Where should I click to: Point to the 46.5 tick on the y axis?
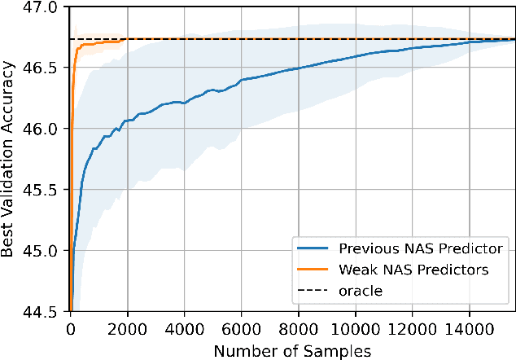pyautogui.click(x=42, y=68)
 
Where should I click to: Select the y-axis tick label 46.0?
pyautogui.click(x=42, y=129)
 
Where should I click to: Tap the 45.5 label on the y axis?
pyautogui.click(x=42, y=190)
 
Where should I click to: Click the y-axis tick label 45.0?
pyautogui.click(x=42, y=251)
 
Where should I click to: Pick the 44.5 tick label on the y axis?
pyautogui.click(x=42, y=311)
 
